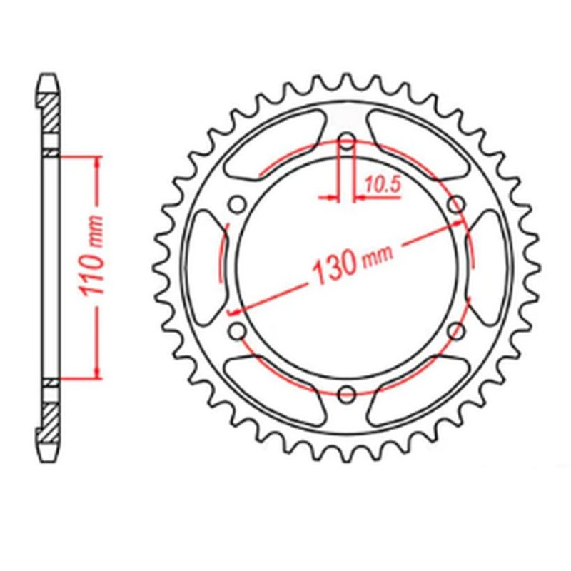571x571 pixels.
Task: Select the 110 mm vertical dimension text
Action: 92,263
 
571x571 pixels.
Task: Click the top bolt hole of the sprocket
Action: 346,141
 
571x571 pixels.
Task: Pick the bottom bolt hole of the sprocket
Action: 346,393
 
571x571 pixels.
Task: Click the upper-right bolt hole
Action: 456,205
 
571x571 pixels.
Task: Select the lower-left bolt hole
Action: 237,330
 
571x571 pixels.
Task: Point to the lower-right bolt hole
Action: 456,330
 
